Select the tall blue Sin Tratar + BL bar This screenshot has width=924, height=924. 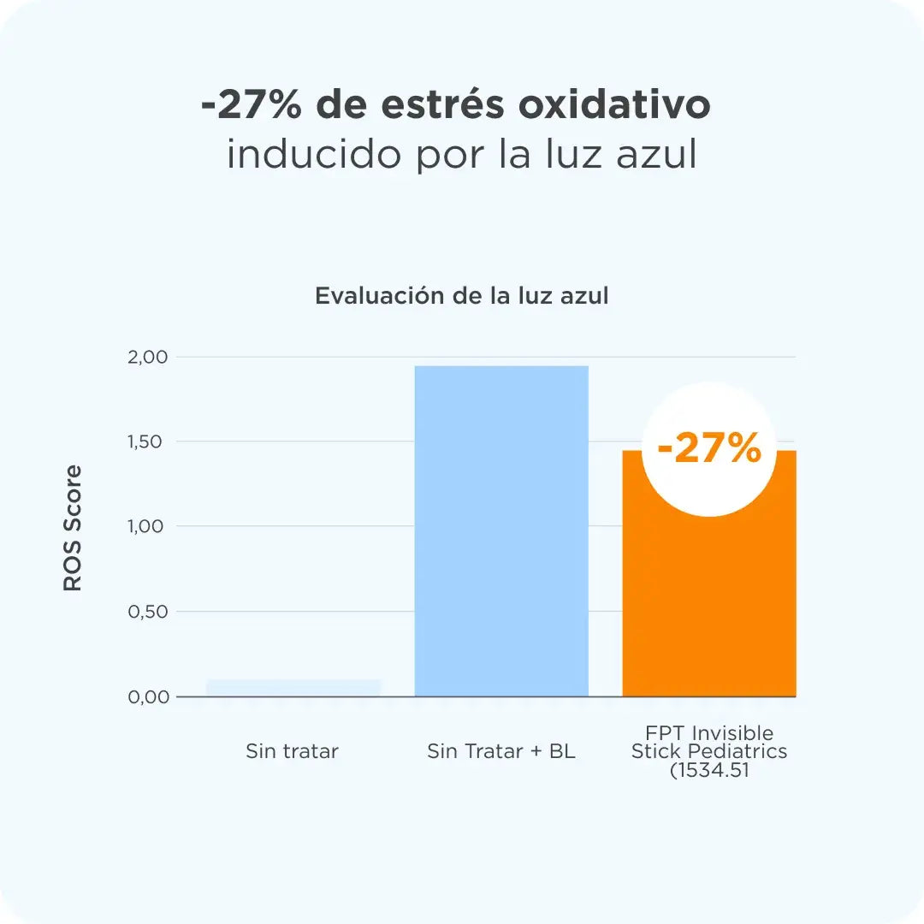(x=501, y=530)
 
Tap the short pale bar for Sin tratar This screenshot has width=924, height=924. (x=293, y=688)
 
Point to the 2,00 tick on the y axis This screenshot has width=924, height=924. (x=149, y=357)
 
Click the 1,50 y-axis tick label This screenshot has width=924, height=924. (x=149, y=441)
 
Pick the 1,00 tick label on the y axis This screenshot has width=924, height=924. (x=149, y=526)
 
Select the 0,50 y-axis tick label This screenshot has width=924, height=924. (x=149, y=612)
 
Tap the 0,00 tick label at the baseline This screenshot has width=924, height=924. (x=149, y=696)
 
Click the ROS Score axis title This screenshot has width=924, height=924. (x=74, y=528)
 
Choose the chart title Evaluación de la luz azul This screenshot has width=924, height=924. (x=462, y=296)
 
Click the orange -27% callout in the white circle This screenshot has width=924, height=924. (x=708, y=449)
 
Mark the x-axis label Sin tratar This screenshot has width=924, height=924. (x=292, y=752)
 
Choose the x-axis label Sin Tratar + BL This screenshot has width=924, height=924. (x=501, y=752)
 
